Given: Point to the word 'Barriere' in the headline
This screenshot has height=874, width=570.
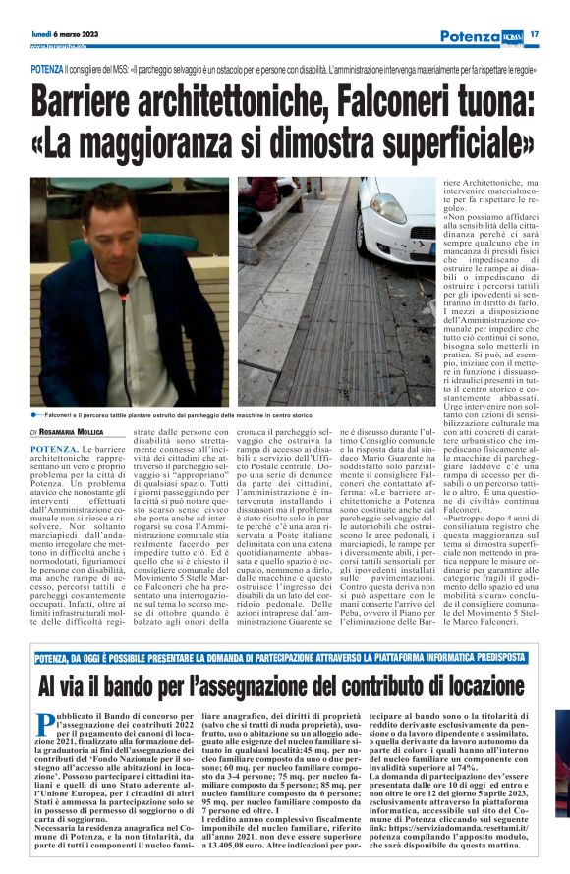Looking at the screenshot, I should coord(104,100).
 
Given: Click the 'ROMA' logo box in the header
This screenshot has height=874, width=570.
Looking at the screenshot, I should coord(514,34).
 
